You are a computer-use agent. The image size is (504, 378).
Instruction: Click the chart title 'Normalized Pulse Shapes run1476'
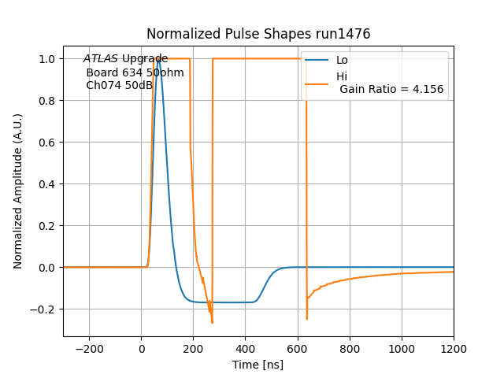click(x=258, y=34)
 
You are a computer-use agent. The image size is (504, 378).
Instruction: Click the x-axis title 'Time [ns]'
click(x=258, y=365)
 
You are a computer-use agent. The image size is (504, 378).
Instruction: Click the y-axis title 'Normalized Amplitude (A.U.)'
click(x=18, y=191)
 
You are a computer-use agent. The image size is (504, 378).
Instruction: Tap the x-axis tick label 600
click(x=298, y=347)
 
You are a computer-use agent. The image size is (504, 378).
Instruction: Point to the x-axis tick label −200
click(x=89, y=347)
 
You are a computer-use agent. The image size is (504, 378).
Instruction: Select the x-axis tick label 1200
click(x=454, y=347)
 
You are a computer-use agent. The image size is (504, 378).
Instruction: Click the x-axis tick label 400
click(x=246, y=347)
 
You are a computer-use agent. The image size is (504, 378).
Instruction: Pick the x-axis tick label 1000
click(x=402, y=347)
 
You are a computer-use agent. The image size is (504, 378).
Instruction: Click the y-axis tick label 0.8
click(x=46, y=101)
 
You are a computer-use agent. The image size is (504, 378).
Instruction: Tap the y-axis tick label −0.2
click(x=43, y=309)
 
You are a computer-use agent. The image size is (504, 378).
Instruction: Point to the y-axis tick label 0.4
click(x=46, y=184)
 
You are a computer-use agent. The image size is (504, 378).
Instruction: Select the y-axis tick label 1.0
click(x=46, y=59)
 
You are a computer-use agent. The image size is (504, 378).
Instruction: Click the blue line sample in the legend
click(x=317, y=61)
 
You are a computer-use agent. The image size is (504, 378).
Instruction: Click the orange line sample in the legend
click(x=317, y=83)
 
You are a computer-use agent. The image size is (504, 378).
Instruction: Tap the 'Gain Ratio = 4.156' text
click(x=391, y=89)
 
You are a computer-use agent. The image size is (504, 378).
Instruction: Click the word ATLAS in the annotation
click(x=101, y=59)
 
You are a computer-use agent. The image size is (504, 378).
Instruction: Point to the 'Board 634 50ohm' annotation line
click(x=135, y=72)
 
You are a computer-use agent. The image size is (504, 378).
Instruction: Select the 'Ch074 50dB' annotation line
click(x=120, y=85)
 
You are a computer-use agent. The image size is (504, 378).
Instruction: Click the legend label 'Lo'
click(x=342, y=61)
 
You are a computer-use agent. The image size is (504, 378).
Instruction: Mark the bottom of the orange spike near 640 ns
click(x=306, y=318)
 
